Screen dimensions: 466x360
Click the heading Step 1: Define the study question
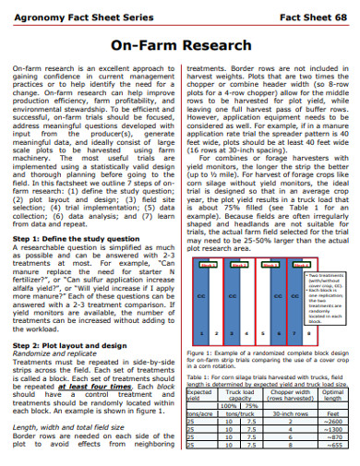tap(78, 237)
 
